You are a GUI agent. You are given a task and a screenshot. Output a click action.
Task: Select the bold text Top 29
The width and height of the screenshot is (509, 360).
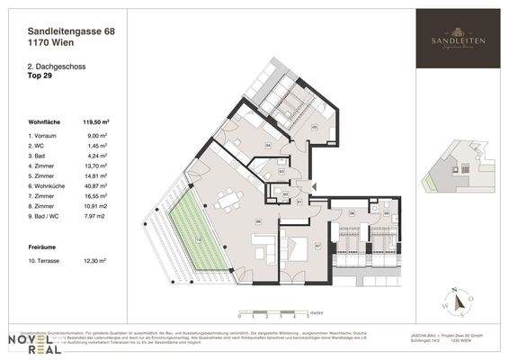(41, 76)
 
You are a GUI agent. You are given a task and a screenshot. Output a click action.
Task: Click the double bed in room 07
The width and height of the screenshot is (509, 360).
(296, 244)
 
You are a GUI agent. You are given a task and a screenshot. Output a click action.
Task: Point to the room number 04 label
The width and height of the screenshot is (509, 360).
(268, 144)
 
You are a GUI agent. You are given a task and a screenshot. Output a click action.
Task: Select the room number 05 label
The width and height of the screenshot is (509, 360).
(315, 127)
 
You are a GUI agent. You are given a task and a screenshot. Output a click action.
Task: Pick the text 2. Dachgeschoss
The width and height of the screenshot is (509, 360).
(54, 67)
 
